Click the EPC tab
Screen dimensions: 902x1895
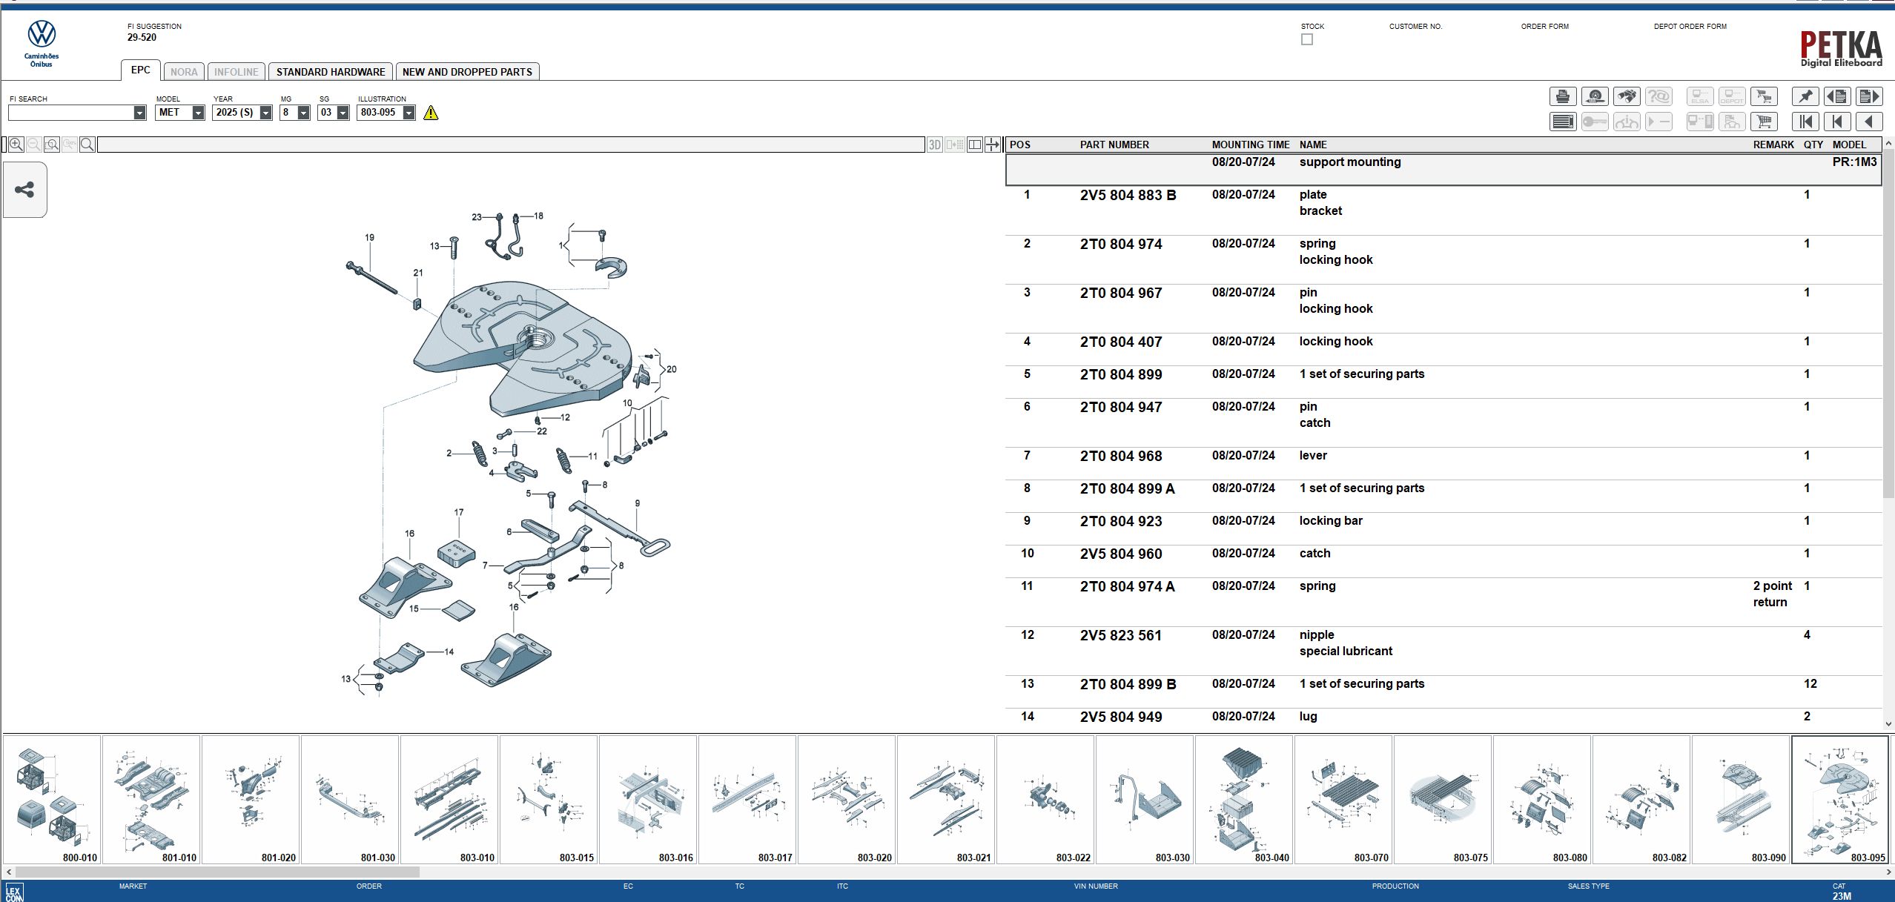[140, 70]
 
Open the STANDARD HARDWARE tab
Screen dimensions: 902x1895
[331, 72]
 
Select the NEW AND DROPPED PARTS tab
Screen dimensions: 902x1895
[467, 72]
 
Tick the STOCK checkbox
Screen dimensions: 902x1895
[1307, 39]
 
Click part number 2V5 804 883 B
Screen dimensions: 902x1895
[1128, 196]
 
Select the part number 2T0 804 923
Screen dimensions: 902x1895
[1120, 522]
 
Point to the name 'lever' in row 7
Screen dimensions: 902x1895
[1312, 456]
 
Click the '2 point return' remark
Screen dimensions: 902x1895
[1771, 594]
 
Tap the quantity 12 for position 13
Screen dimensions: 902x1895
[1810, 684]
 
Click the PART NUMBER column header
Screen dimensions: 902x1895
[1114, 145]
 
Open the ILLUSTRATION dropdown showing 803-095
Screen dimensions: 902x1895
[409, 113]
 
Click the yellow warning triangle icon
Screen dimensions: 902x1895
[431, 113]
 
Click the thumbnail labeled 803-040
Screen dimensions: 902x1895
[1244, 799]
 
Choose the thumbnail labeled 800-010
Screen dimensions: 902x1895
[52, 799]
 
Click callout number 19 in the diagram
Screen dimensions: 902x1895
[369, 238]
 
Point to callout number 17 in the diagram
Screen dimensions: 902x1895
[459, 512]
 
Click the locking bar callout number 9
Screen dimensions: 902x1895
[637, 503]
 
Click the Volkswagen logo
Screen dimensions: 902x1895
[42, 34]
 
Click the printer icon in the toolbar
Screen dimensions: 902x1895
[1562, 96]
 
